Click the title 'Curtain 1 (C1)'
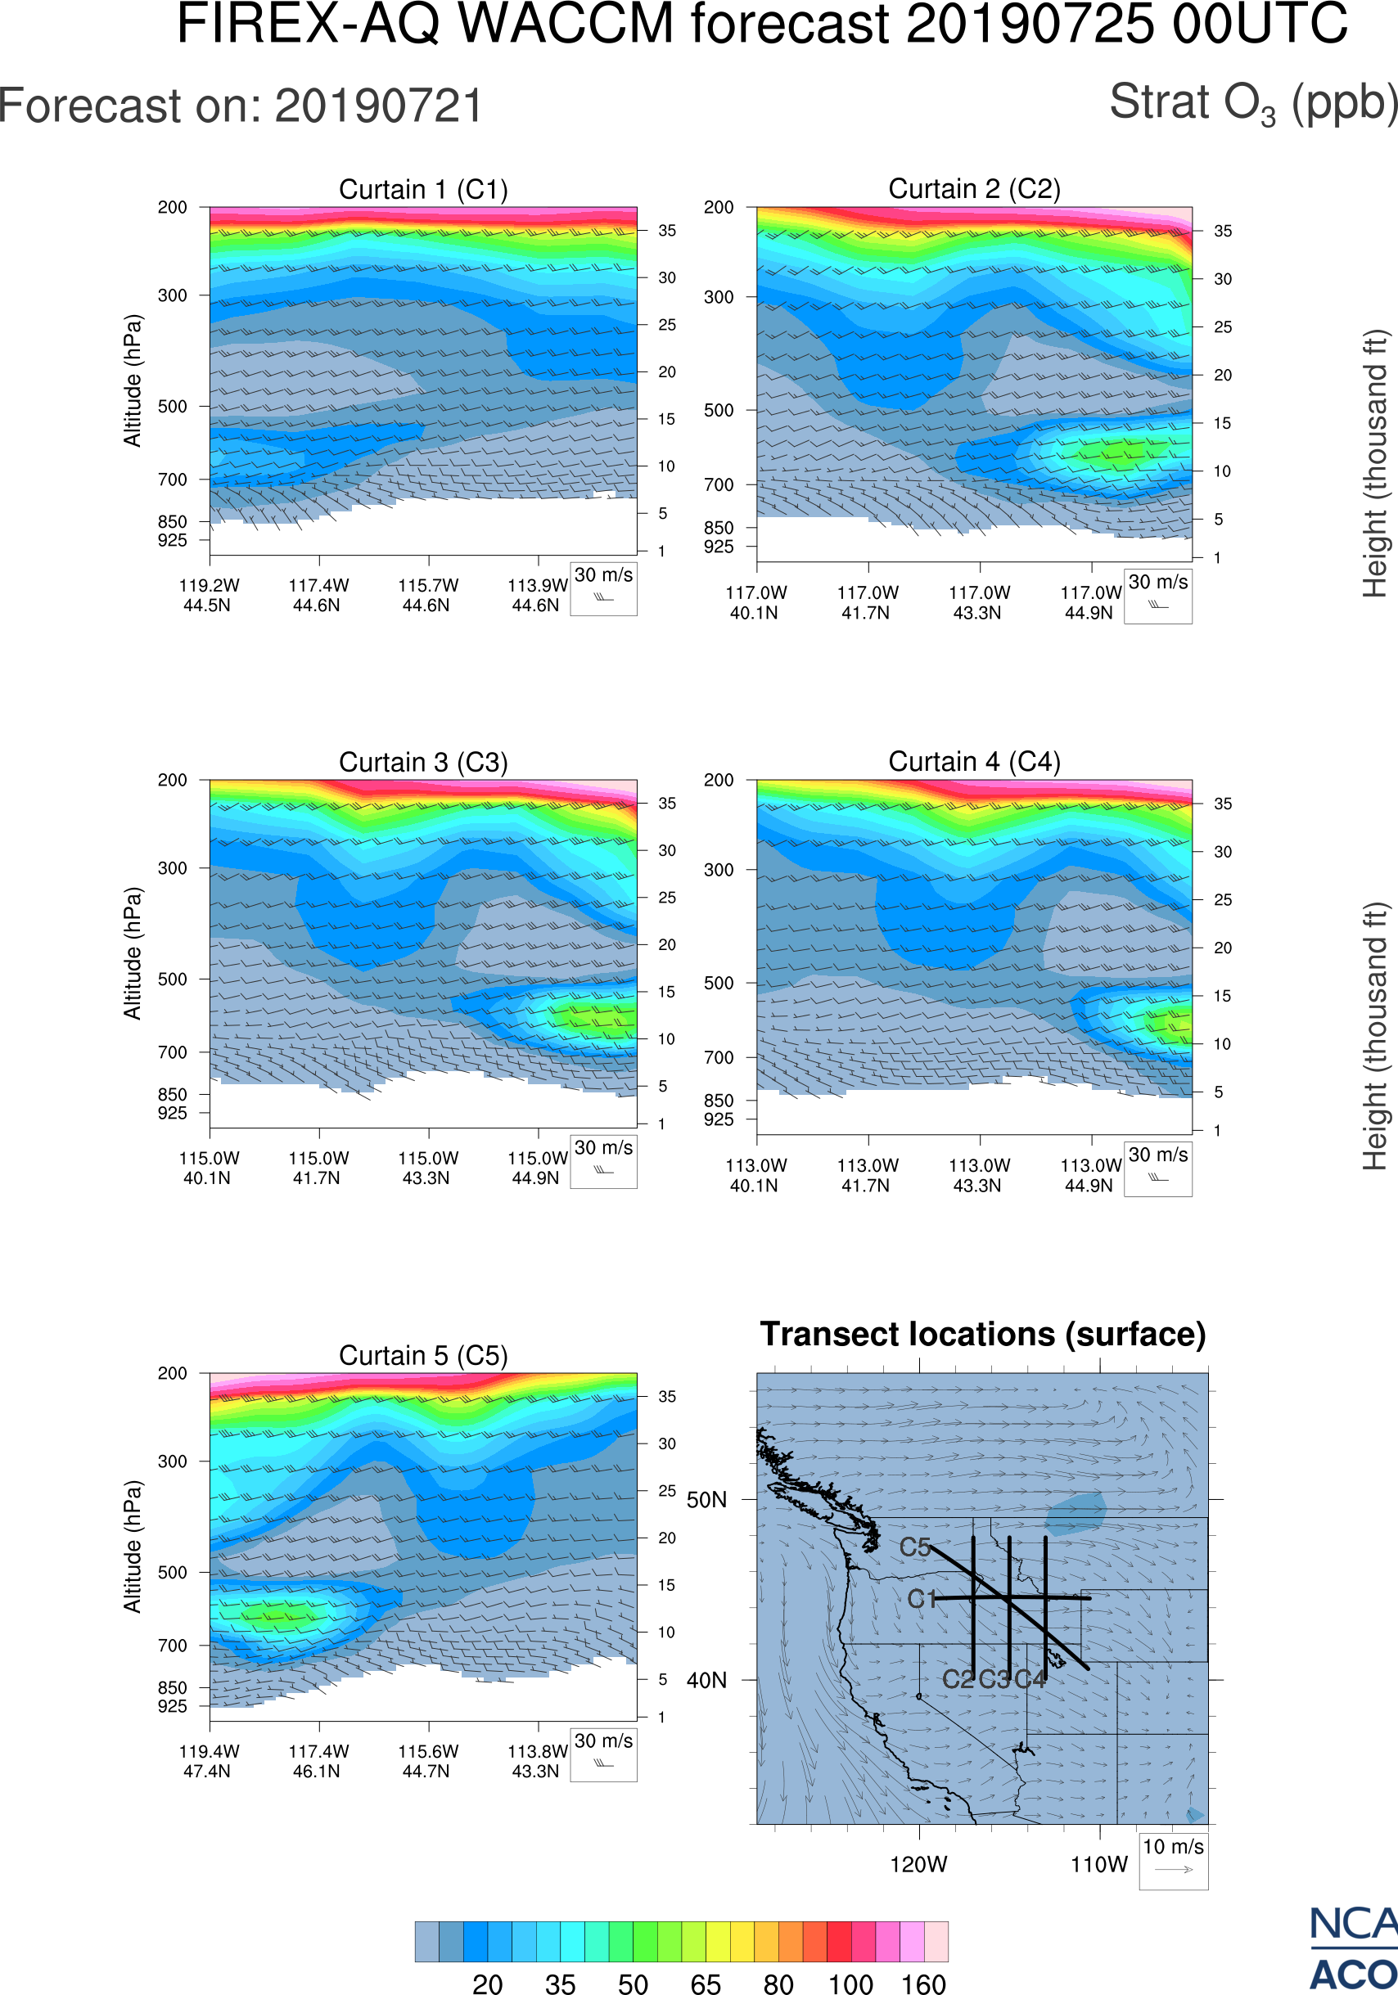click(x=423, y=189)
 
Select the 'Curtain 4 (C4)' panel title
click(x=974, y=762)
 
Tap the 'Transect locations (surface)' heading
click(x=983, y=1334)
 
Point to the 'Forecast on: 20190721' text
click(x=241, y=106)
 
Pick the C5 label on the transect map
click(x=914, y=1547)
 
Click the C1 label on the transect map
click(x=921, y=1599)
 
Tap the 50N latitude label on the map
click(x=706, y=1501)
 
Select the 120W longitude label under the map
click(x=918, y=1865)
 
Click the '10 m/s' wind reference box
click(x=1173, y=1859)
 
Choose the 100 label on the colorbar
click(x=850, y=1984)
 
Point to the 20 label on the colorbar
click(x=488, y=1984)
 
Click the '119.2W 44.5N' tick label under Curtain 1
click(x=209, y=595)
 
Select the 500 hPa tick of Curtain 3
click(x=172, y=979)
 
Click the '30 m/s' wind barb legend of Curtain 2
click(x=1157, y=596)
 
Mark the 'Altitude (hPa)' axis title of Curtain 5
click(x=132, y=1547)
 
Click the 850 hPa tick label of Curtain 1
click(x=172, y=522)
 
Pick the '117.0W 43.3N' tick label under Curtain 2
click(x=979, y=602)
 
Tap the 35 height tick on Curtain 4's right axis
click(x=1223, y=804)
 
